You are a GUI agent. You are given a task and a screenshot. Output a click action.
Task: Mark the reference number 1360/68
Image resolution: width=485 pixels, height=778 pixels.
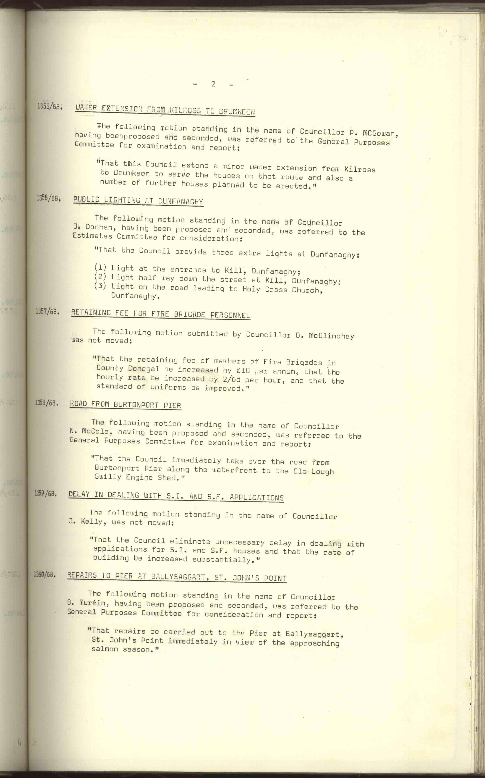(45, 574)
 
